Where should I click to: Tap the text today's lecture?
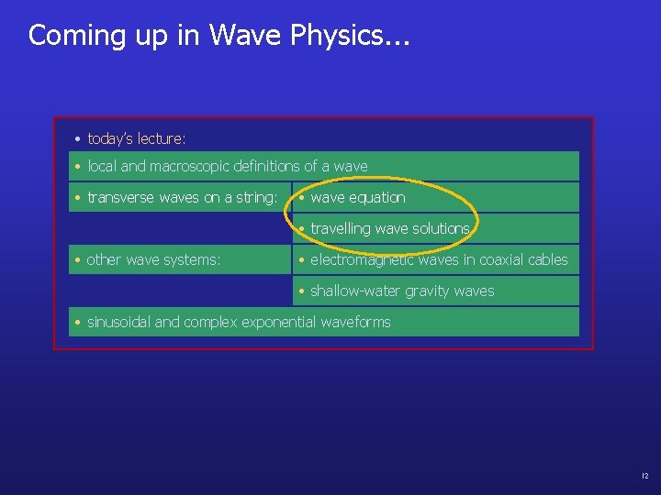pyautogui.click(x=136, y=138)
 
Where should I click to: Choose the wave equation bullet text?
pyautogui.click(x=357, y=198)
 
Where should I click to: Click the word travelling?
pyautogui.click(x=339, y=228)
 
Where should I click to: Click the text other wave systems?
pyautogui.click(x=153, y=260)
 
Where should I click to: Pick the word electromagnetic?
pyautogui.click(x=359, y=260)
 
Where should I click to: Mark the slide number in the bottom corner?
pyautogui.click(x=644, y=477)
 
